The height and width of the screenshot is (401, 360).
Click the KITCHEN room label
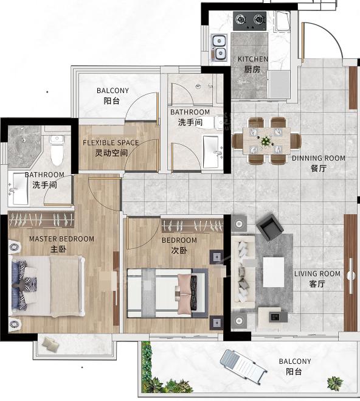pyautogui.click(x=253, y=59)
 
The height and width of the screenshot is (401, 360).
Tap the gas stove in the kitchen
pyautogui.click(x=249, y=21)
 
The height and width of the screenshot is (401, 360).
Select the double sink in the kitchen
pyautogui.click(x=219, y=48)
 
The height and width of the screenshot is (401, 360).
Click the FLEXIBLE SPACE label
pyautogui.click(x=111, y=142)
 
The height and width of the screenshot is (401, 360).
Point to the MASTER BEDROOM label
pyautogui.click(x=61, y=239)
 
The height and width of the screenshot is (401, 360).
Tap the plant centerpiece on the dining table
pyautogui.click(x=266, y=141)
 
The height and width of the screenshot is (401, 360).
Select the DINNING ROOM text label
pyautogui.click(x=319, y=158)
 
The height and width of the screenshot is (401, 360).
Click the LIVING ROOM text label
pyautogui.click(x=317, y=274)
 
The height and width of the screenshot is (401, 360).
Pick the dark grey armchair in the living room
pyautogui.click(x=270, y=227)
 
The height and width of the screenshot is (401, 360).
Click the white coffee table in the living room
pyautogui.click(x=274, y=272)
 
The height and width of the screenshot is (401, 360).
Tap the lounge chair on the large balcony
pyautogui.click(x=243, y=366)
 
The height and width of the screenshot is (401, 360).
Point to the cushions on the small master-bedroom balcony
pyautogui.click(x=50, y=344)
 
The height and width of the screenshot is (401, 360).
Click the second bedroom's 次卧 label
pyautogui.click(x=179, y=250)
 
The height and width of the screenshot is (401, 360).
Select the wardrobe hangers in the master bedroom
pyautogui.click(x=41, y=220)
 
